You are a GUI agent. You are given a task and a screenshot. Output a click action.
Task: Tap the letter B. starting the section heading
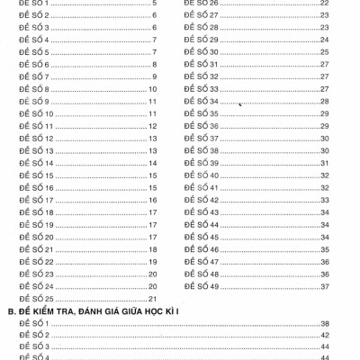(11, 310)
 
